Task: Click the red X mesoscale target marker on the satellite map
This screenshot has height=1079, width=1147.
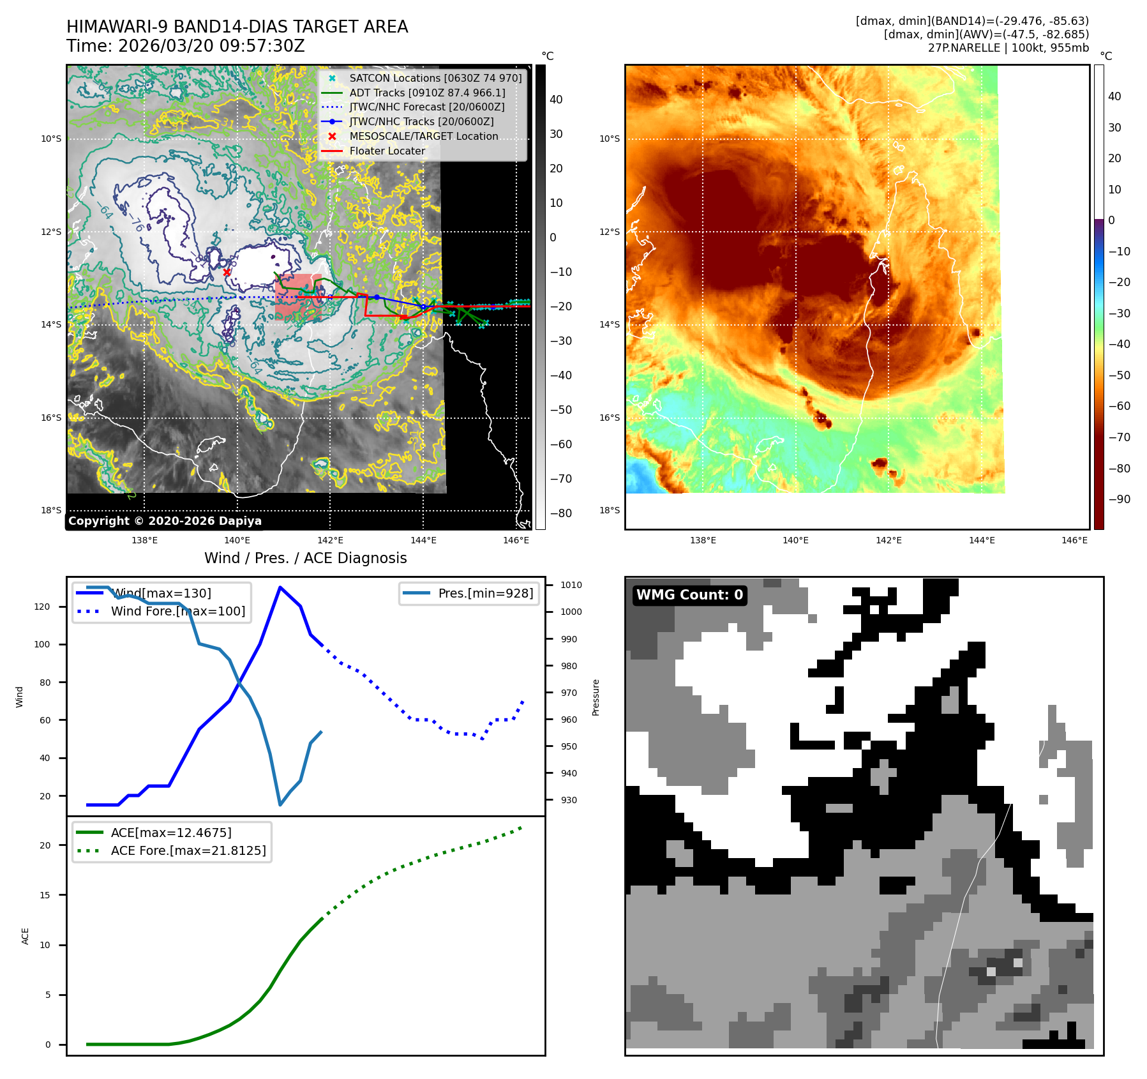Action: tap(227, 272)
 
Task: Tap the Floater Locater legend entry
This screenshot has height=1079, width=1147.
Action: tap(387, 151)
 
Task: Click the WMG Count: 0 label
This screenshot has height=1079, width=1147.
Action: tap(689, 595)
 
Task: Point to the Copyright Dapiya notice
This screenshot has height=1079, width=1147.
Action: tap(165, 521)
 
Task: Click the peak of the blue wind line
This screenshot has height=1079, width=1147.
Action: tap(280, 587)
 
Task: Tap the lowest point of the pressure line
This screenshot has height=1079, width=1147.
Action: tap(280, 804)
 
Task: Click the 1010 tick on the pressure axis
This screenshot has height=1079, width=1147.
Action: tap(571, 585)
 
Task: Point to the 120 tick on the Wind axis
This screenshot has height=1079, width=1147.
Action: tap(42, 607)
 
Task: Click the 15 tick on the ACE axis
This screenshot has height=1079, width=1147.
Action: tap(45, 895)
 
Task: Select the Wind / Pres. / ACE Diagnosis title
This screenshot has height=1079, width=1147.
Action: tap(305, 558)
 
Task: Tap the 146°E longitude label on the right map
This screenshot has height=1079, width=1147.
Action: tap(1074, 540)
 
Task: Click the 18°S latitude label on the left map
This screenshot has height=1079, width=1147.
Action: tap(51, 510)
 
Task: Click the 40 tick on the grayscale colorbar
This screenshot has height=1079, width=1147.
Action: tap(556, 100)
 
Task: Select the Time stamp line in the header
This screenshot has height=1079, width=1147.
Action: tap(186, 46)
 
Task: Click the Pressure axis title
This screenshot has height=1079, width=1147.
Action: tap(596, 697)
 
